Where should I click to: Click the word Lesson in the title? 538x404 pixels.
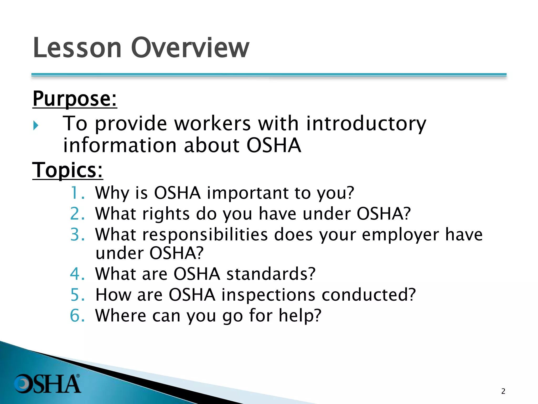(77, 48)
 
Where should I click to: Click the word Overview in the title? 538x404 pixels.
(190, 48)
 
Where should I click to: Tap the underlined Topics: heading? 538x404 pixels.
(68, 170)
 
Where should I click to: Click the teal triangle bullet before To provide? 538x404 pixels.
(36, 125)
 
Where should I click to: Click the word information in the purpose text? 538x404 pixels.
(120, 145)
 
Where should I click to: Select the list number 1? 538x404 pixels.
(77, 193)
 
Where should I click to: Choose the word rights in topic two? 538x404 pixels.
(165, 214)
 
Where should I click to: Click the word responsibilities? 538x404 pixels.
(205, 235)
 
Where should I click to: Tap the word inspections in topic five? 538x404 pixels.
(268, 295)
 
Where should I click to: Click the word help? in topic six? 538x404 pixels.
(300, 315)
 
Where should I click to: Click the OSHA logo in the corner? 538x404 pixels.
(47, 384)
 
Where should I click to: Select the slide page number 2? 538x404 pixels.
(503, 391)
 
